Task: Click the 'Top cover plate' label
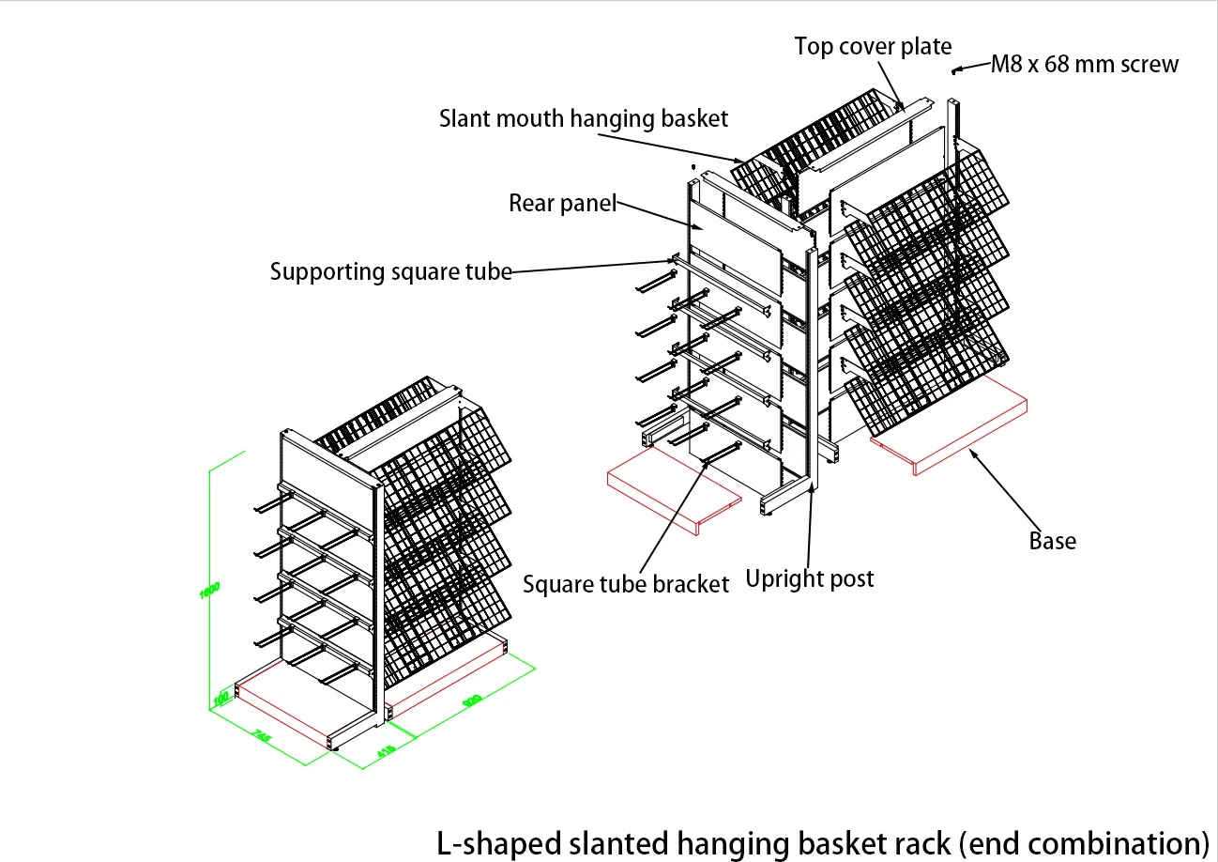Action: click(x=873, y=47)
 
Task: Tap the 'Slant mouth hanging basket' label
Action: click(x=584, y=119)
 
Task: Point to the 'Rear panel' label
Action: click(x=562, y=203)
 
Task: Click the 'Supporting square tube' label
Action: click(x=390, y=272)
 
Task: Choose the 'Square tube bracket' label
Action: click(x=625, y=584)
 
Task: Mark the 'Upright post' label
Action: click(x=809, y=578)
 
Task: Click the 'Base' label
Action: click(x=1052, y=542)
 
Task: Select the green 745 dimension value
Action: click(x=262, y=736)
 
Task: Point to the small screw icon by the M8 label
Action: click(x=957, y=69)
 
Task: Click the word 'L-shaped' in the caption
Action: click(x=498, y=840)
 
